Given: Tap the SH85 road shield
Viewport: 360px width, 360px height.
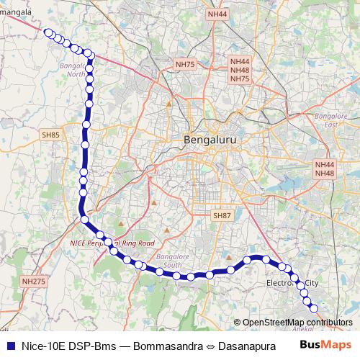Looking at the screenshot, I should click(50, 135).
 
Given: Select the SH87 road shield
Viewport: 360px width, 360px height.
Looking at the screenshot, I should click(222, 215).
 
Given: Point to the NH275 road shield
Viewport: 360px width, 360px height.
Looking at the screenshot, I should click(33, 282).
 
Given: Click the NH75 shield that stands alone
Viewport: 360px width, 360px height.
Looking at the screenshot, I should click(185, 65).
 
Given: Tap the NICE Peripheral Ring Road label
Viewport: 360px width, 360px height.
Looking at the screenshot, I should click(112, 244).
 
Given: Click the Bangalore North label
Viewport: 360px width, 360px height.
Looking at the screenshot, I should click(72, 70).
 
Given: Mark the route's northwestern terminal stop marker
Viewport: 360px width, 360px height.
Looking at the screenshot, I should click(47, 32).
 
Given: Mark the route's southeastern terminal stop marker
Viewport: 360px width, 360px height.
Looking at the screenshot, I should click(314, 309).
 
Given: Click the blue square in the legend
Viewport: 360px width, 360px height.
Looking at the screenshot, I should click(9, 344).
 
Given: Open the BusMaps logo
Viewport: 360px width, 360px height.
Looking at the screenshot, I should click(325, 344).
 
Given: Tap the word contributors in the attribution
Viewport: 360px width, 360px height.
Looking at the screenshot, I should click(328, 323).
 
